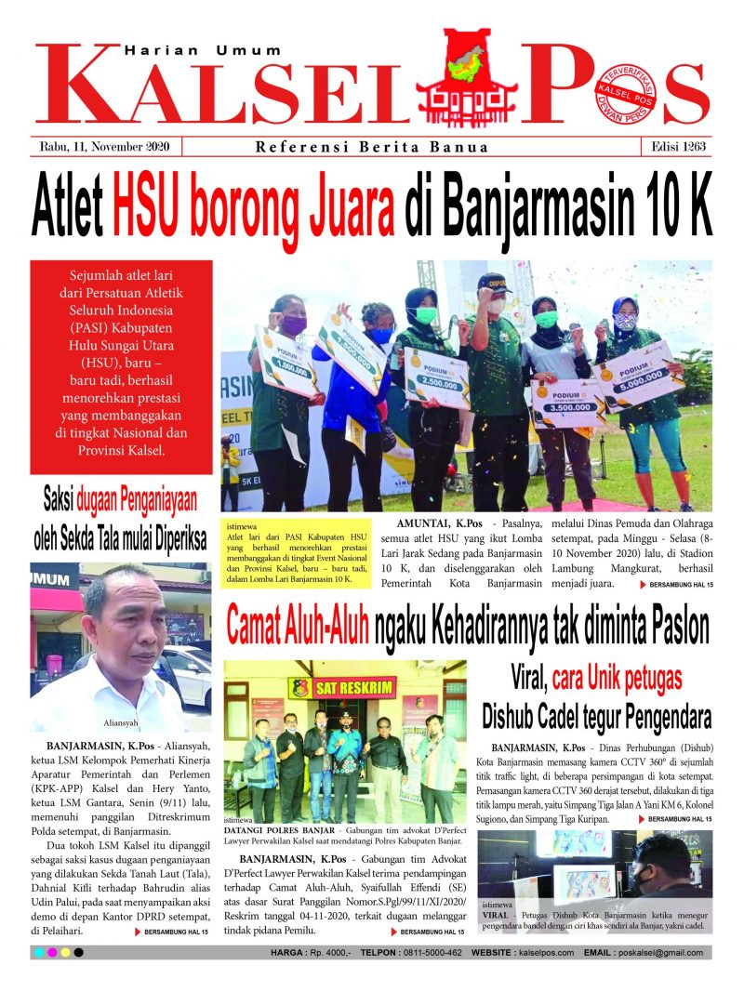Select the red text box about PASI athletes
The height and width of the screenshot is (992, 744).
(x=121, y=366)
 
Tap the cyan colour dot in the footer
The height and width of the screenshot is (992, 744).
(x=38, y=952)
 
